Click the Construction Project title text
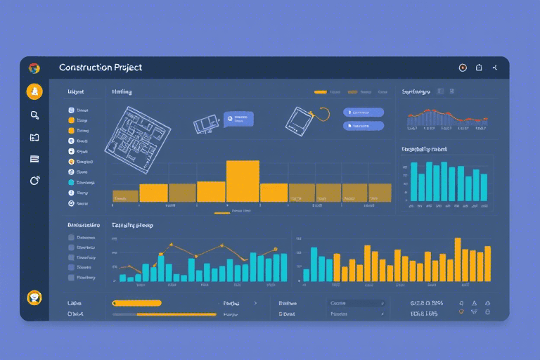(x=101, y=67)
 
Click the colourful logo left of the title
(x=34, y=68)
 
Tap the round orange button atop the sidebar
(x=34, y=91)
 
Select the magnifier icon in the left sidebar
(x=34, y=115)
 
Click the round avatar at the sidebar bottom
(x=34, y=297)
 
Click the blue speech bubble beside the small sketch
(x=238, y=118)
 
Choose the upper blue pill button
(x=364, y=112)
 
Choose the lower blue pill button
(x=364, y=125)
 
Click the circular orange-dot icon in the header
(x=462, y=68)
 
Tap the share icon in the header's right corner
(x=496, y=68)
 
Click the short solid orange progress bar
(x=137, y=303)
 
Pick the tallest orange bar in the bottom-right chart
(x=458, y=259)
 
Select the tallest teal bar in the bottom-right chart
(x=314, y=264)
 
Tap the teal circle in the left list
(x=71, y=192)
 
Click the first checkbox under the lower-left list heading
(x=71, y=238)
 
